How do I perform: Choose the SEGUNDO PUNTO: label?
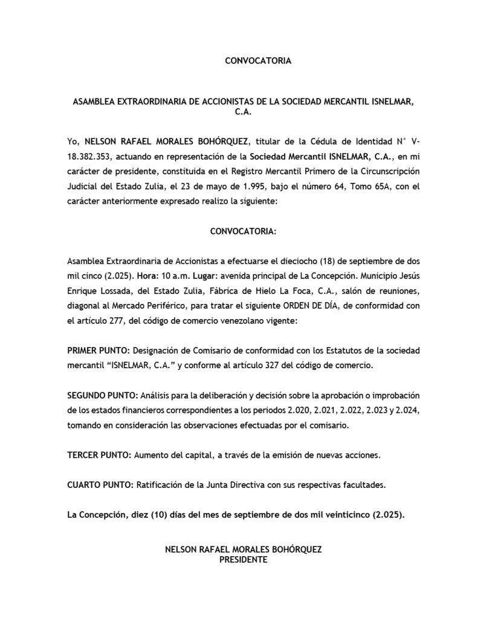pyautogui.click(x=102, y=395)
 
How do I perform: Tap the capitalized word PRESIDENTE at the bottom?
pyautogui.click(x=244, y=560)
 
